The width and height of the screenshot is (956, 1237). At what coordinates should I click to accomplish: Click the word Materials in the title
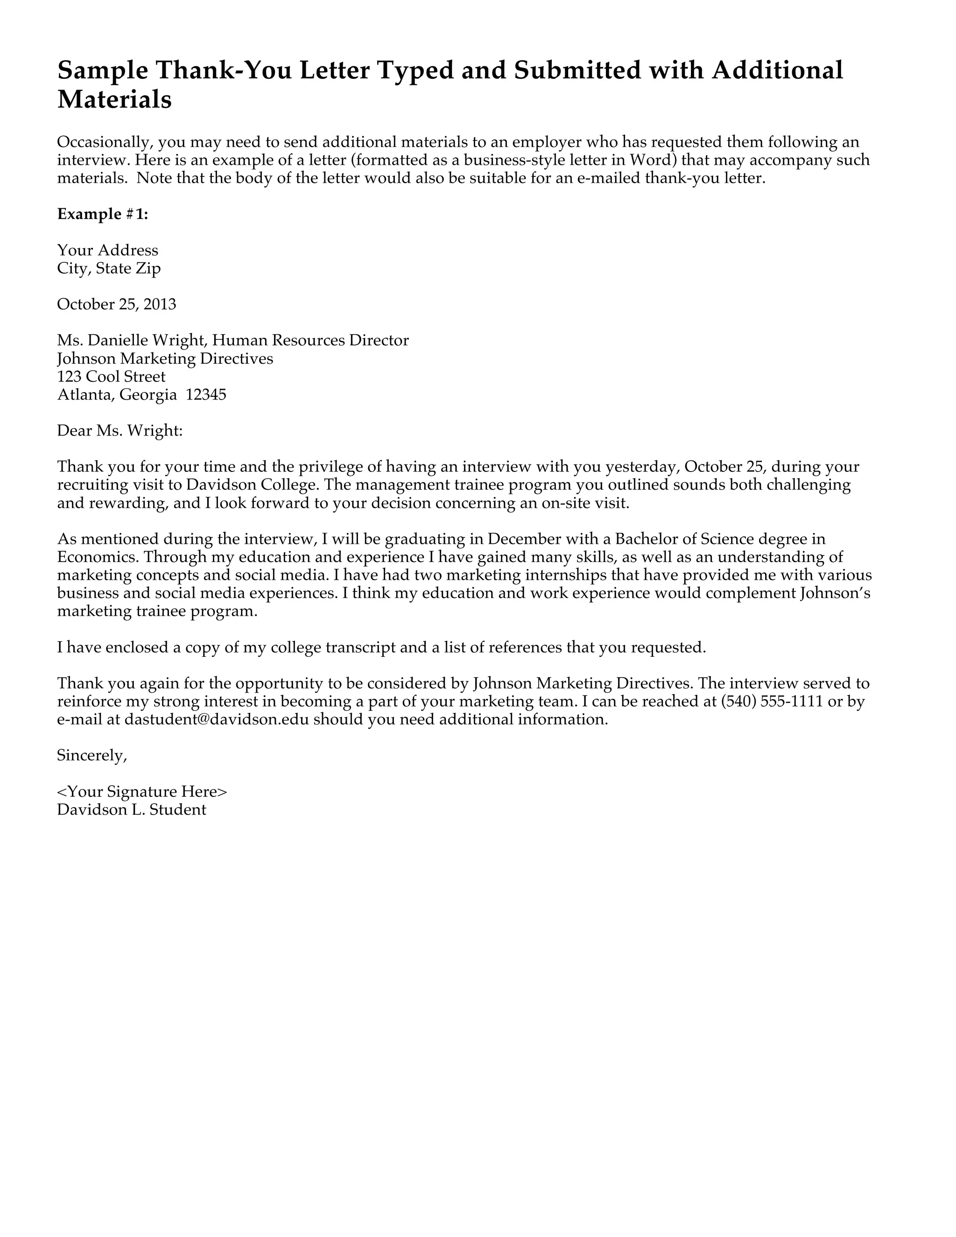tap(114, 100)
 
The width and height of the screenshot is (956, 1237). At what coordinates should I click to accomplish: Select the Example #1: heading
tap(103, 214)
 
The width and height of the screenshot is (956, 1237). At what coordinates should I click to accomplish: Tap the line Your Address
tap(108, 250)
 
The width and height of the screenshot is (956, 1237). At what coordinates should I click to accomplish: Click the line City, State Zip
tap(109, 268)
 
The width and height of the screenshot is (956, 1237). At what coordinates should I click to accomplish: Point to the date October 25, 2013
tap(117, 304)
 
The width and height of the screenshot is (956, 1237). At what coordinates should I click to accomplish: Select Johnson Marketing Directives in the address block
tap(165, 358)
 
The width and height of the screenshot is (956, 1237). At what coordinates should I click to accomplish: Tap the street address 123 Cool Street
tap(112, 377)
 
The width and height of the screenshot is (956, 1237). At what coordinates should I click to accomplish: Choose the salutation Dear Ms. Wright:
tap(120, 431)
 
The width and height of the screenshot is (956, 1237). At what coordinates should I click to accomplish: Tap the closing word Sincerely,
tap(92, 756)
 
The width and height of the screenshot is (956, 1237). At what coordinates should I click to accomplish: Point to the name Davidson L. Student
tap(131, 810)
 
